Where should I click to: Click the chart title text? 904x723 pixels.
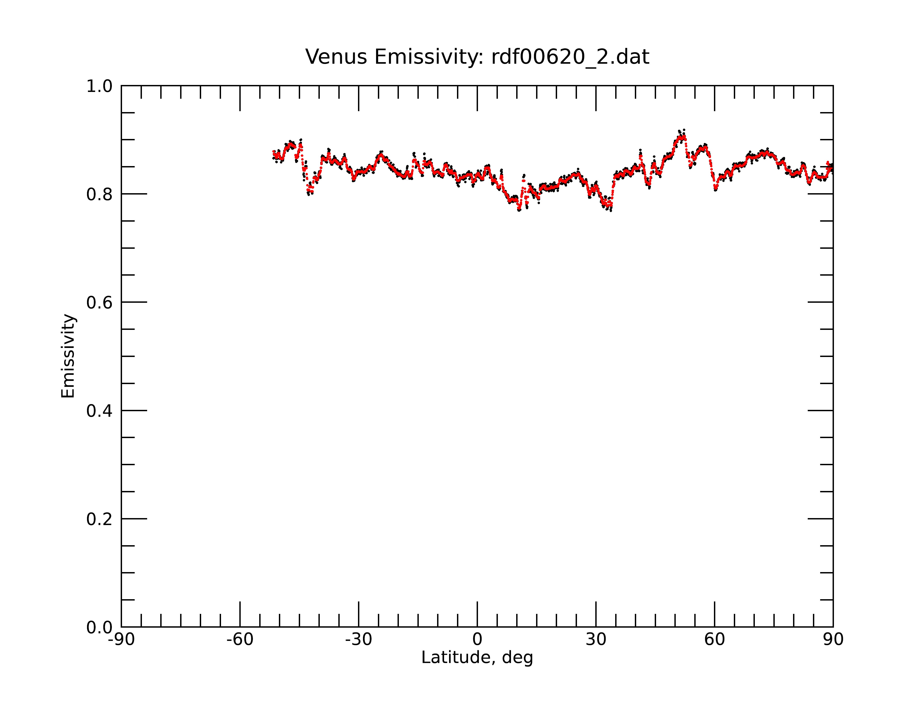click(x=477, y=57)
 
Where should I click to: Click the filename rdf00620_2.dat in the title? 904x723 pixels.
click(x=570, y=57)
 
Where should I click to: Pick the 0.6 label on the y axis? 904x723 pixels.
click(x=99, y=303)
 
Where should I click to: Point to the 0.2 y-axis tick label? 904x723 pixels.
click(x=99, y=519)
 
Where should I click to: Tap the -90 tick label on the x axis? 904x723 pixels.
click(x=121, y=640)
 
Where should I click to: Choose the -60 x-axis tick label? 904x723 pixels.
click(x=240, y=640)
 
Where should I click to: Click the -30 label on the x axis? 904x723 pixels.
click(x=358, y=640)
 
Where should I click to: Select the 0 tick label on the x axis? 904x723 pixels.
click(x=477, y=640)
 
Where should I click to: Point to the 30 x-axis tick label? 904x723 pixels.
click(x=596, y=640)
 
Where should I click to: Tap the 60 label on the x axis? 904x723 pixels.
click(x=714, y=640)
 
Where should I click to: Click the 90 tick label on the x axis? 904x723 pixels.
click(x=833, y=640)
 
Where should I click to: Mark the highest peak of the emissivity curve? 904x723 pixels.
click(x=684, y=130)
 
